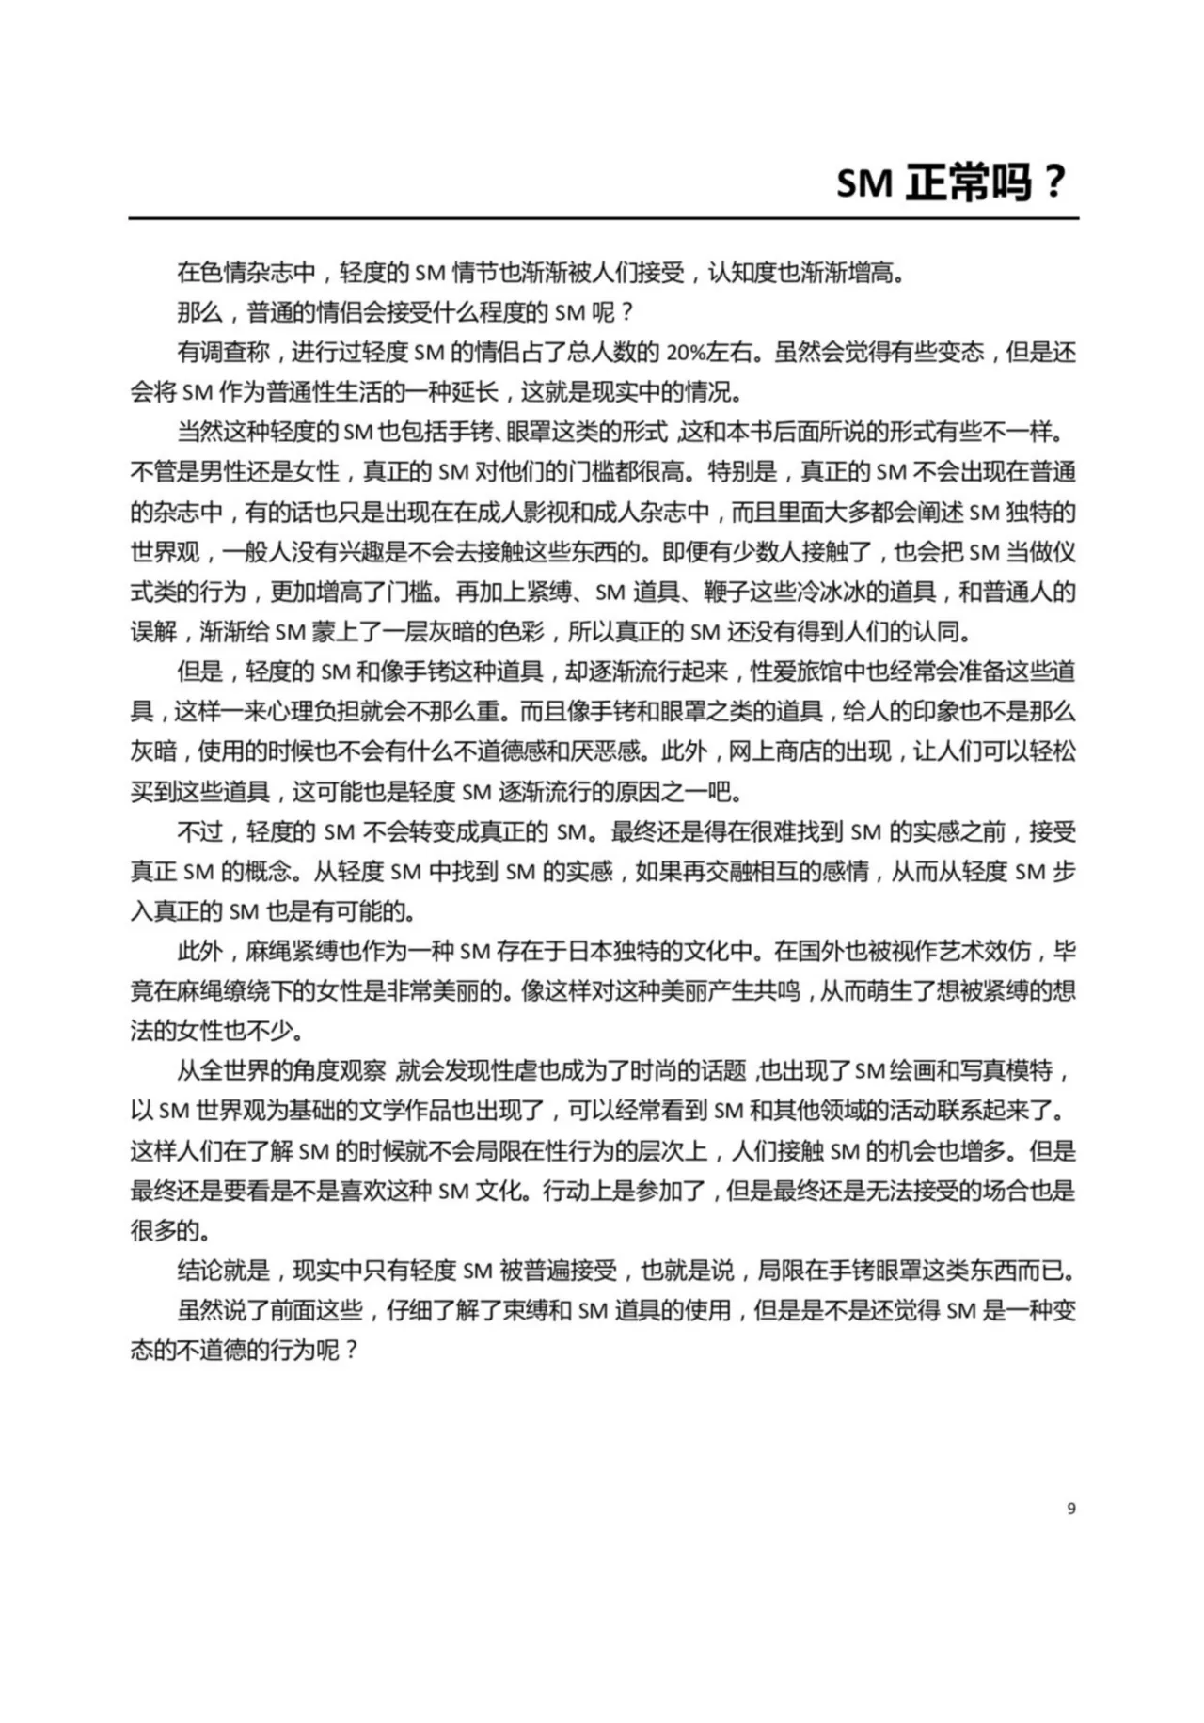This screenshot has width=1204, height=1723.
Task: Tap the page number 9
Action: [1071, 1509]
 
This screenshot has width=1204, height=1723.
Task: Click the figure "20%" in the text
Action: [685, 353]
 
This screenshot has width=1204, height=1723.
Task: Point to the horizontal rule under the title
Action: [602, 219]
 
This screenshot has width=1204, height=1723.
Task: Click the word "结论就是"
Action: [223, 1271]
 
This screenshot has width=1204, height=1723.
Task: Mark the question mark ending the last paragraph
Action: [351, 1351]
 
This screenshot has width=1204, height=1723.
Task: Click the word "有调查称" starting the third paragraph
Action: [223, 353]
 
